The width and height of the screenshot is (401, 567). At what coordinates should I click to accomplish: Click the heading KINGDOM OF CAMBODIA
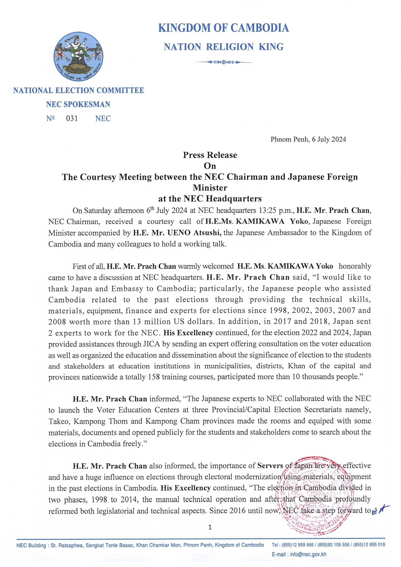[x=223, y=28]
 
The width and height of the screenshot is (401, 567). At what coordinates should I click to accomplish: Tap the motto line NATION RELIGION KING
[x=223, y=47]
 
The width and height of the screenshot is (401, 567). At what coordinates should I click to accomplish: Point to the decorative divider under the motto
[x=223, y=62]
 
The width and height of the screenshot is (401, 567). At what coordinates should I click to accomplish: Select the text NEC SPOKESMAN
[x=78, y=105]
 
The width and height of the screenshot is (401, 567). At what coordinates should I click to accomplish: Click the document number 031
[x=72, y=118]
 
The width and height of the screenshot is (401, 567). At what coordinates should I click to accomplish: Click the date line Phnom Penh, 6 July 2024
[x=308, y=139]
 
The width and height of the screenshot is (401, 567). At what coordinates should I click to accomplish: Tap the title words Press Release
[x=210, y=155]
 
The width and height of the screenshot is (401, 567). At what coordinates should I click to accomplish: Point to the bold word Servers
[x=270, y=466]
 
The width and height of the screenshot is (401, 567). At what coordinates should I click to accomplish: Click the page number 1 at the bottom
[x=210, y=527]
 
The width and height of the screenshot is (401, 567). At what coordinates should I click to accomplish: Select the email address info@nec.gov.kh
[x=308, y=554]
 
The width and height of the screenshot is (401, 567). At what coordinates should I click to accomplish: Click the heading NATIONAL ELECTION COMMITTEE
[x=79, y=91]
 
